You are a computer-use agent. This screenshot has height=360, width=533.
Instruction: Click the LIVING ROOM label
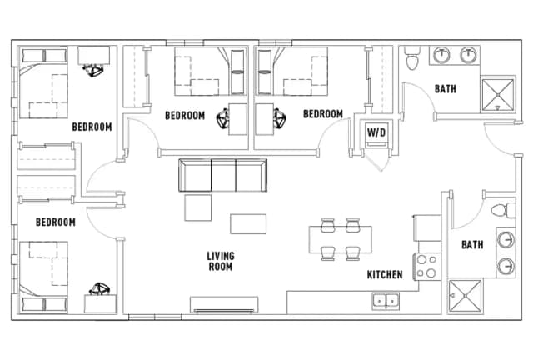[x=221, y=261]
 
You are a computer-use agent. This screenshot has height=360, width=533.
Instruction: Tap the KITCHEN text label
[x=385, y=274]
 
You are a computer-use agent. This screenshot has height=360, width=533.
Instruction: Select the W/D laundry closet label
[x=376, y=132]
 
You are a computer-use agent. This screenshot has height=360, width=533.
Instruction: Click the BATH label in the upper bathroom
[x=446, y=89]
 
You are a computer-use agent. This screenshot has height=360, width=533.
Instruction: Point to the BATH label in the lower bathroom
[x=472, y=244]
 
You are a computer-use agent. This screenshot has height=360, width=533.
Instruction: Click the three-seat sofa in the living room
[x=223, y=175]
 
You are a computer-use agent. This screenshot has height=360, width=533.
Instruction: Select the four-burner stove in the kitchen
[x=426, y=265]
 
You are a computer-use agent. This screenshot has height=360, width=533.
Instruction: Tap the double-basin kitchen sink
[x=385, y=300]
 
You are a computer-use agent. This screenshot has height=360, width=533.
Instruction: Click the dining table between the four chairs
[x=340, y=238]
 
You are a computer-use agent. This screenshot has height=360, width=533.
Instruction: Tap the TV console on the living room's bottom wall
[x=223, y=305]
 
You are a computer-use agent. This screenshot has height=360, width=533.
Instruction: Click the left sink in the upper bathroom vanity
[x=441, y=56]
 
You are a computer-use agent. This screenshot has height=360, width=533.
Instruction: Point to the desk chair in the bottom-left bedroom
[x=101, y=290]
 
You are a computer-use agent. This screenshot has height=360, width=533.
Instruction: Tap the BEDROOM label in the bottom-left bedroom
[x=55, y=222]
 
